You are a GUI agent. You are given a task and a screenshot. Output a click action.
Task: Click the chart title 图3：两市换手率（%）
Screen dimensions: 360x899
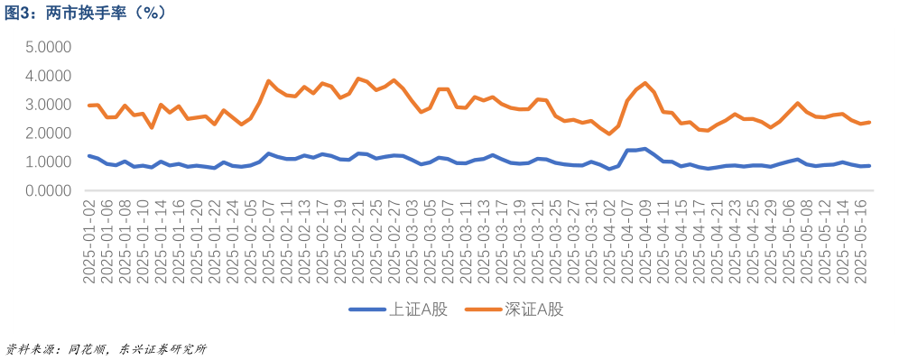point(85,13)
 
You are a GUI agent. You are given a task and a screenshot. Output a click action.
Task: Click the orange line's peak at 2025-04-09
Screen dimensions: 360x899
point(645,83)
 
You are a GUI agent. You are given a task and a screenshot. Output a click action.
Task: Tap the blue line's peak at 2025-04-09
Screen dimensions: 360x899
point(645,149)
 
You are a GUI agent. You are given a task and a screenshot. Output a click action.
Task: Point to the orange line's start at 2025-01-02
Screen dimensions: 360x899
point(89,106)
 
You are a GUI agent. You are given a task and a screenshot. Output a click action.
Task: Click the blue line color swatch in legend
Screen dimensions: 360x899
point(366,309)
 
